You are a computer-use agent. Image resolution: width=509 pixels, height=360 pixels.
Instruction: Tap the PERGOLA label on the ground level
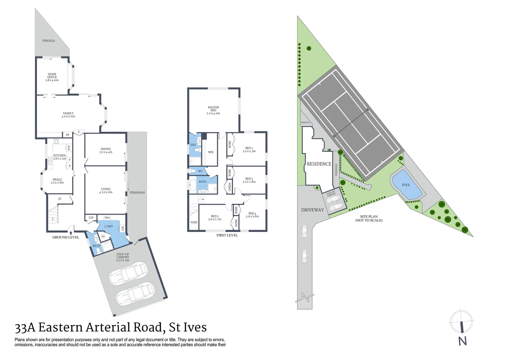click(49, 41)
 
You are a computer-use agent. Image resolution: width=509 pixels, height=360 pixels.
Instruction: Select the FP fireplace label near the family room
click(68, 135)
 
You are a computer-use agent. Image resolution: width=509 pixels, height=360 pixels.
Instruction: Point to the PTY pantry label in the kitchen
click(69, 148)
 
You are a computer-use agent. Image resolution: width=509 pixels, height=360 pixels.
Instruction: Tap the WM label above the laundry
click(107, 218)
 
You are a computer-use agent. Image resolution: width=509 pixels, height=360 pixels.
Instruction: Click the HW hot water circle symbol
click(103, 236)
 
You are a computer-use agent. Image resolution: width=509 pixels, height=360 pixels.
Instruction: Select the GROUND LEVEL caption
click(66, 237)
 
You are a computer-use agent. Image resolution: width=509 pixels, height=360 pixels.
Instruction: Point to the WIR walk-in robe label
click(211, 152)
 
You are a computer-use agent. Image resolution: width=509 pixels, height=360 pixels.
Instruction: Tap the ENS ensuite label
click(193, 145)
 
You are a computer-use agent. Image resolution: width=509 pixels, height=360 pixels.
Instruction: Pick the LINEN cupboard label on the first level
click(230, 188)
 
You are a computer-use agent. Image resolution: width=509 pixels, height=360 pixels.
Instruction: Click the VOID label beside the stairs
click(194, 222)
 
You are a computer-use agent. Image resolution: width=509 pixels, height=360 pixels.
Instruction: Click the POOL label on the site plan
click(406, 185)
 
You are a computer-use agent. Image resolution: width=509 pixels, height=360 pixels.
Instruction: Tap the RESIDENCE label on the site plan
click(319, 164)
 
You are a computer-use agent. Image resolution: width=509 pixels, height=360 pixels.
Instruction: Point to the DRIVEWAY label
click(312, 210)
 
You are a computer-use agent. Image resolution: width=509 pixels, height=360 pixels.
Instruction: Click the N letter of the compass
click(462, 341)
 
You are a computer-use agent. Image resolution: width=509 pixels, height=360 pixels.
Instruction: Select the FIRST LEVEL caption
click(227, 235)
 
